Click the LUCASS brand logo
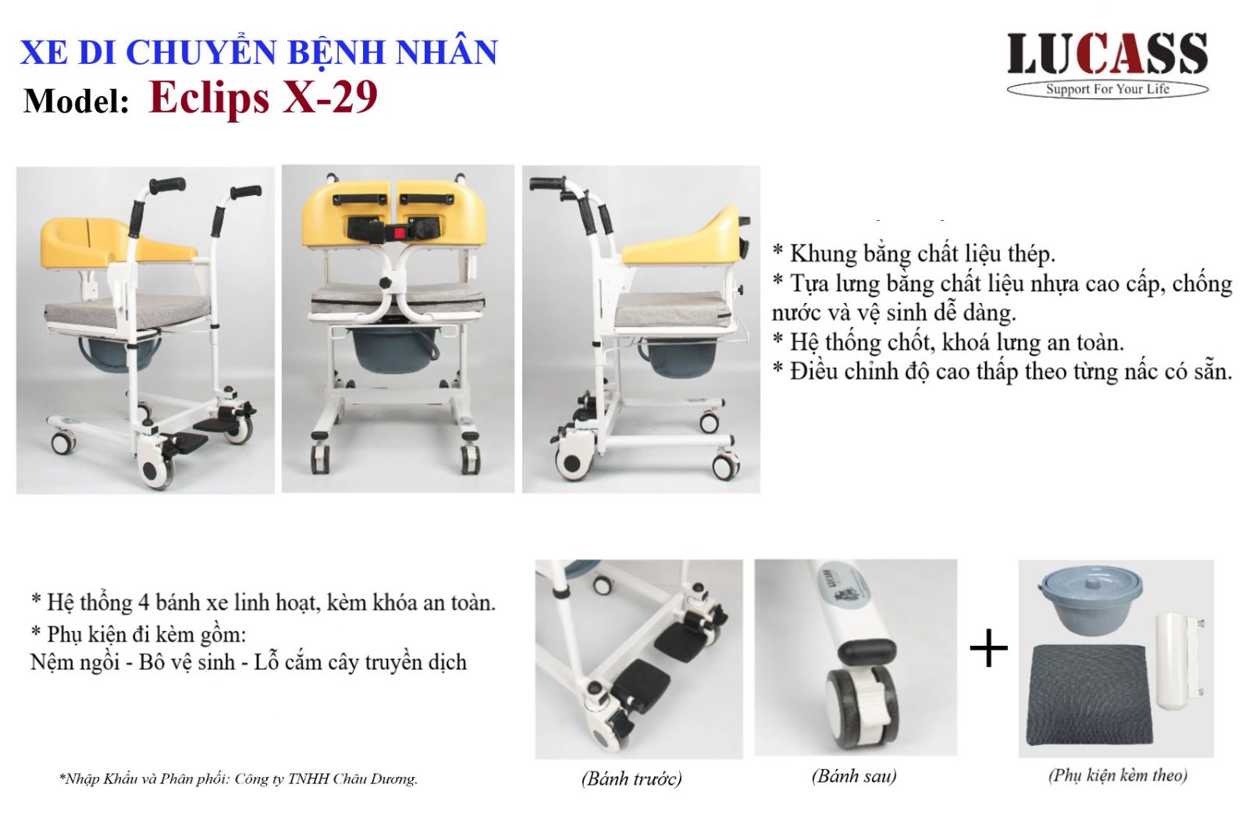click(1108, 64)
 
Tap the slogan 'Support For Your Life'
click(1108, 89)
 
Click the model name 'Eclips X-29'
click(263, 98)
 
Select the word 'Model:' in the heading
click(77, 102)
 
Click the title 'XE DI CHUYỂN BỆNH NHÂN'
click(258, 52)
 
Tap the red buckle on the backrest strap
click(398, 230)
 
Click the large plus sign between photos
click(988, 647)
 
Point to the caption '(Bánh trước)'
click(632, 778)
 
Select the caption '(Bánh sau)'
click(854, 776)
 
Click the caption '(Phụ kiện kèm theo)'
click(1118, 775)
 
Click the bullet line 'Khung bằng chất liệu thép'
click(914, 255)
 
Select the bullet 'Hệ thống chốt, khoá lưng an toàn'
click(948, 343)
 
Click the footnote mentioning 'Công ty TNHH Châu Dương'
click(239, 779)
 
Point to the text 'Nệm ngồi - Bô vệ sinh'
click(133, 663)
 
